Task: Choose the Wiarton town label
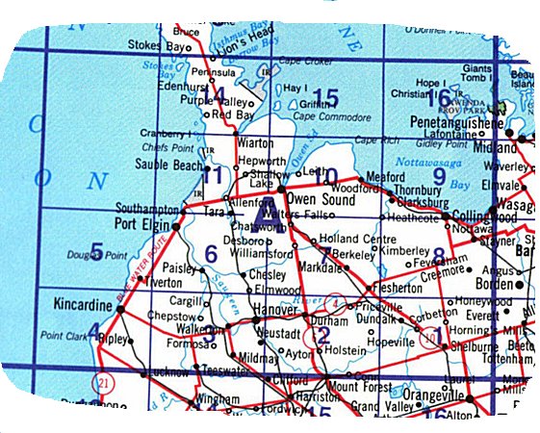pyautogui.click(x=255, y=141)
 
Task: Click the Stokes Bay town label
pyautogui.click(x=160, y=45)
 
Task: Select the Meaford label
pyautogui.click(x=385, y=176)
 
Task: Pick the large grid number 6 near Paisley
pyautogui.click(x=211, y=254)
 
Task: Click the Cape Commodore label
pyautogui.click(x=305, y=117)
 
